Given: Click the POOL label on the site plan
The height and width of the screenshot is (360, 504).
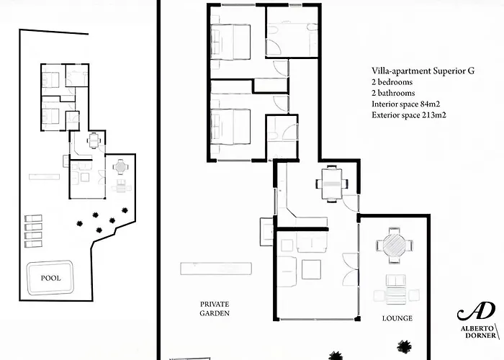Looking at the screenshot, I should click(x=50, y=277).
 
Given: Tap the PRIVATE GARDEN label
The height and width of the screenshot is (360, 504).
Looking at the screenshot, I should click(x=215, y=309).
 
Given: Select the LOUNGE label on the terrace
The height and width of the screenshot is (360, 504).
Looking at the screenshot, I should click(x=398, y=318).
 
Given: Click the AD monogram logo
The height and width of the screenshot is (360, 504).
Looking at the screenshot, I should click(x=476, y=312).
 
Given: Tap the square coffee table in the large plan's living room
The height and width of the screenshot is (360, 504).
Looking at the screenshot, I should click(x=312, y=269).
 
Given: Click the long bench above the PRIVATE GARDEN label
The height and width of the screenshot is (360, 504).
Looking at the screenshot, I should click(x=216, y=269).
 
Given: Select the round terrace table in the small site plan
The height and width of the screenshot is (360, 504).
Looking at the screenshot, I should click(x=120, y=166).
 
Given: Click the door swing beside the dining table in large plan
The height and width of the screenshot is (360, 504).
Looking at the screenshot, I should click(x=351, y=202).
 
